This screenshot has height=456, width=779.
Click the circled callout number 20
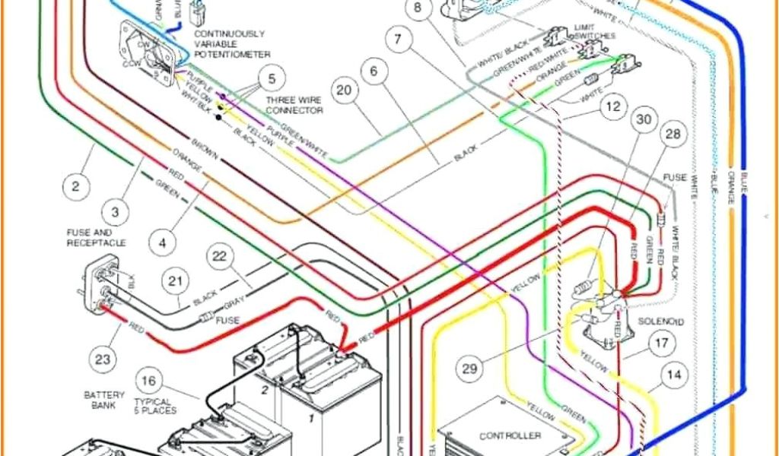[345, 90]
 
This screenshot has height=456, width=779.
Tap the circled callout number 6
[374, 72]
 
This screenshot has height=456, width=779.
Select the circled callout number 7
[398, 39]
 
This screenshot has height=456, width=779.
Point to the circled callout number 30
[644, 121]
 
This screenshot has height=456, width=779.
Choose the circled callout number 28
[672, 135]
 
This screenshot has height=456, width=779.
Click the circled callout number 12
[612, 107]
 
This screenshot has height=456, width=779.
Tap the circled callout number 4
[161, 244]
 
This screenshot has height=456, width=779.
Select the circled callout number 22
[219, 257]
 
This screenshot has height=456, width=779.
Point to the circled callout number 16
[149, 381]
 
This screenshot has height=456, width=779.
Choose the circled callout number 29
[470, 369]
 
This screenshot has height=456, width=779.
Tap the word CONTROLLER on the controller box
[510, 435]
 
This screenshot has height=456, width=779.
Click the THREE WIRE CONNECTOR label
[294, 106]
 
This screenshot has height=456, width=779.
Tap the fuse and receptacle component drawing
[103, 287]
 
